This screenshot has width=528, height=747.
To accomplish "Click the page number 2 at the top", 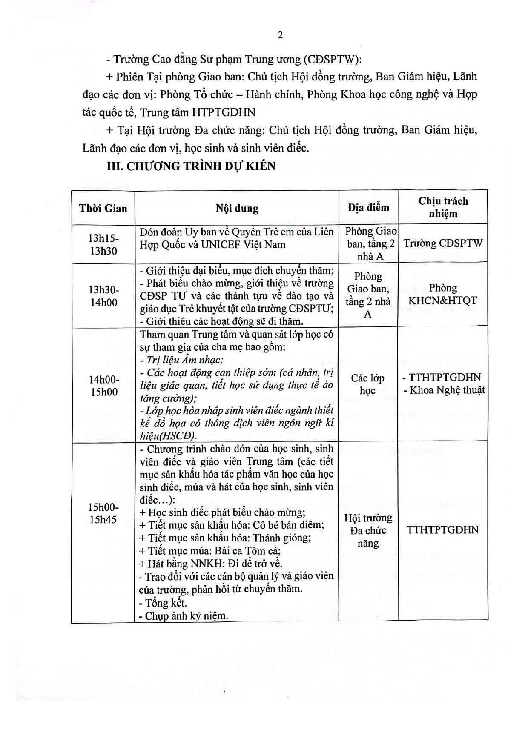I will [x=280, y=35].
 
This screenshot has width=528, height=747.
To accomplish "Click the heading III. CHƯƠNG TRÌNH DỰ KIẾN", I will [x=191, y=166].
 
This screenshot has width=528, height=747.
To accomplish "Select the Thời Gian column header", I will [x=103, y=208].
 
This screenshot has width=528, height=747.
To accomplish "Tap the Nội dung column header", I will [x=237, y=209].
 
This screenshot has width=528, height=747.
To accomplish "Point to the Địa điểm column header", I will [x=368, y=208].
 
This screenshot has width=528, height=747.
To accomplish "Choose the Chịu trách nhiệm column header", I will [x=443, y=207].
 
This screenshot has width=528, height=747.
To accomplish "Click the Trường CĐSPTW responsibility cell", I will [x=443, y=243].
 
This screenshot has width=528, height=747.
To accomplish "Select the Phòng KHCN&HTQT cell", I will [x=443, y=295].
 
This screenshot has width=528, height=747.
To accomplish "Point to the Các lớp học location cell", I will [x=368, y=384].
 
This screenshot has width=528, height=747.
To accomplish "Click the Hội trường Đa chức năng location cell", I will [x=368, y=530].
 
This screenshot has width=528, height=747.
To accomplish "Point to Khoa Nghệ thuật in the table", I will [x=443, y=390].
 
